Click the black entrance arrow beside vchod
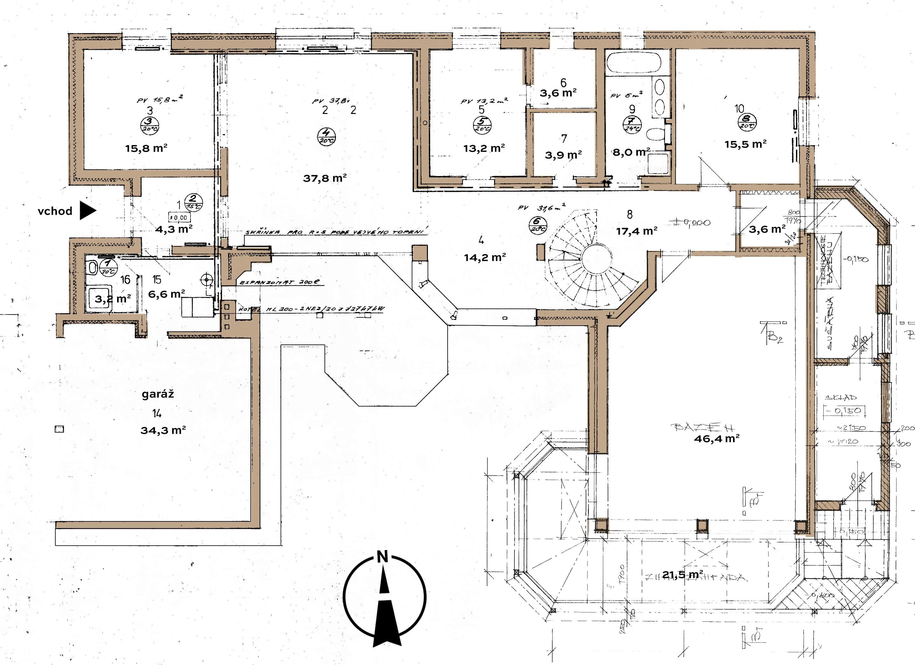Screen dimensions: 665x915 (87, 210)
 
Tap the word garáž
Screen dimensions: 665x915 (158, 394)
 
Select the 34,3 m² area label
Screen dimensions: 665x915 (163, 430)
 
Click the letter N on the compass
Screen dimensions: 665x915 (382, 557)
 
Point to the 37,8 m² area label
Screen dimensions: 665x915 (325, 178)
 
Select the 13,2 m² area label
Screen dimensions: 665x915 (484, 148)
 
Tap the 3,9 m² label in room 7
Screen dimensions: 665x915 (563, 155)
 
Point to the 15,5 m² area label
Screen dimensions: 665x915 (745, 144)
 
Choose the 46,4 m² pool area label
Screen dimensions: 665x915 (716, 438)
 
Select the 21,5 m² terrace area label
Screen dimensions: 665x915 (683, 574)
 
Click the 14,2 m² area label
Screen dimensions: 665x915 (485, 257)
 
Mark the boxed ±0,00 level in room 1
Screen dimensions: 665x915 (179, 217)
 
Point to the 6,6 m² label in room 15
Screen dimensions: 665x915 (166, 294)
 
